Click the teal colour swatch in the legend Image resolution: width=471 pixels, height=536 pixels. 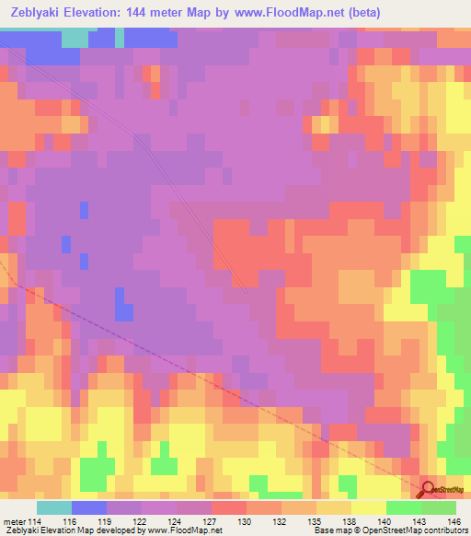tap(54, 507)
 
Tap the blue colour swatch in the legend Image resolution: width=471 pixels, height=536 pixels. tap(88, 507)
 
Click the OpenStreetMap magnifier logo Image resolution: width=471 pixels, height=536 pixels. tap(428, 489)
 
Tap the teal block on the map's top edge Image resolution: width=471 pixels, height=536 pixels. tap(75, 38)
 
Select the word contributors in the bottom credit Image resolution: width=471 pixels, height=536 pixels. tap(442, 530)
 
